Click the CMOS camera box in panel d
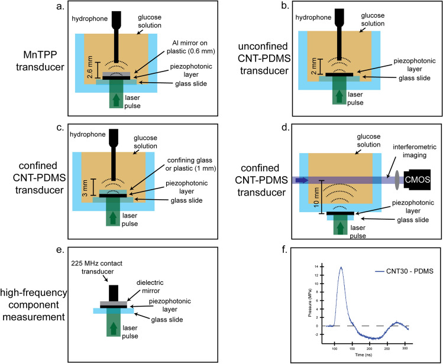pos(422,179)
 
